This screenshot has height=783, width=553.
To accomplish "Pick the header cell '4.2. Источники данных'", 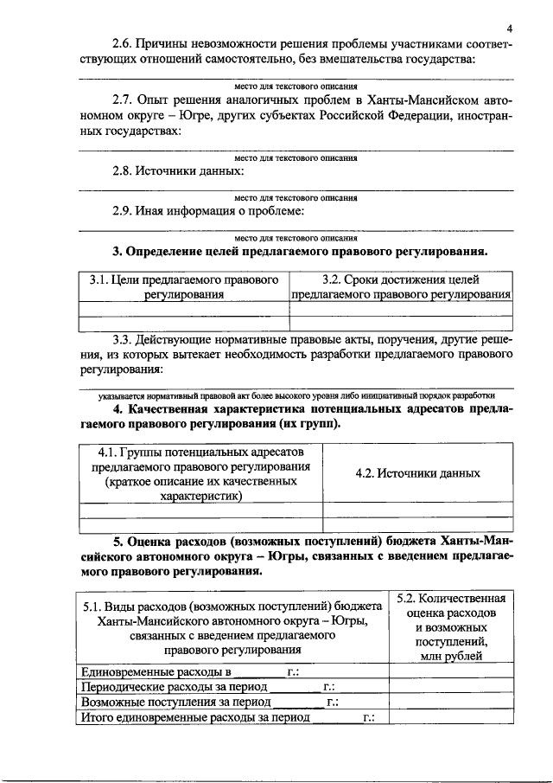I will pyautogui.click(x=417, y=473).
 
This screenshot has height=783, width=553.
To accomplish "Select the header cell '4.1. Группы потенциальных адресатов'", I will pyautogui.click(x=200, y=473).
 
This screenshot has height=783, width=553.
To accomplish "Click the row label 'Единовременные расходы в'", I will pyautogui.click(x=156, y=671).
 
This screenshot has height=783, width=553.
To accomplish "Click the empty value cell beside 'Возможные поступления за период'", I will pyautogui.click(x=449, y=703).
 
